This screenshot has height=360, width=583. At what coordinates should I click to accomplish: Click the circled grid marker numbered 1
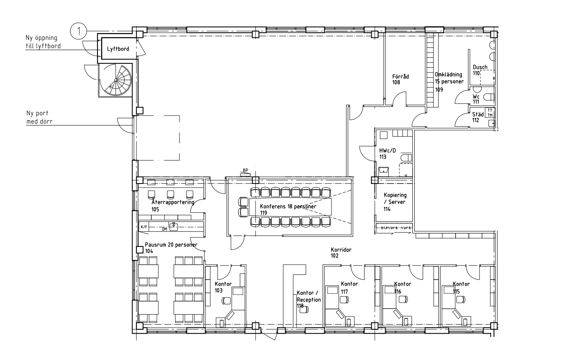(x=78, y=31)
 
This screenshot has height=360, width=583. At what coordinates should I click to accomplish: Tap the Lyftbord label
(x=118, y=49)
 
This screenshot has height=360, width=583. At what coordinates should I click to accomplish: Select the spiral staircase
(x=116, y=80)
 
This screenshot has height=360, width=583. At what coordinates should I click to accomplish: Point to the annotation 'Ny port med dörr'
(x=39, y=117)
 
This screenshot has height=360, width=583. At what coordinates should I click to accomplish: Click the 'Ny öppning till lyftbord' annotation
(x=43, y=42)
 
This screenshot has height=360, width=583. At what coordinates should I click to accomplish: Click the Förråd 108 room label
(x=400, y=80)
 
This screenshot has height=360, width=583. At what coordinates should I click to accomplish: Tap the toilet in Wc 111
(x=489, y=98)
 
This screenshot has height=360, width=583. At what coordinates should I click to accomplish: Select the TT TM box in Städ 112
(x=490, y=113)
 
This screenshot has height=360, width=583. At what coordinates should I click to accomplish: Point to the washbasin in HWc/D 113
(x=383, y=171)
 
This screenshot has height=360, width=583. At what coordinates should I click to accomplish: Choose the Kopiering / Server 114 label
(x=395, y=202)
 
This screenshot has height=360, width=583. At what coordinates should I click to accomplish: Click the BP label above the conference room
(x=245, y=170)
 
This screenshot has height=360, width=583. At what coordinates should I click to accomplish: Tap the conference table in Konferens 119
(x=290, y=207)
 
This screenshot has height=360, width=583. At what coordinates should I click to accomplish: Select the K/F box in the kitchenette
(x=144, y=227)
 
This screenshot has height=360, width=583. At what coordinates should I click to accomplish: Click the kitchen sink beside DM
(x=174, y=226)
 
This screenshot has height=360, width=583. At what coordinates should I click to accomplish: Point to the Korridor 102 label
(x=341, y=253)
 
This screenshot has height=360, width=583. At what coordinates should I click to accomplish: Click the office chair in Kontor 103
(x=226, y=301)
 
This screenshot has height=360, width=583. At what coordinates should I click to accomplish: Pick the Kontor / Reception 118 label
(x=309, y=299)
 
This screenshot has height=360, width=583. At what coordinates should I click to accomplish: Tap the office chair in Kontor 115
(x=461, y=299)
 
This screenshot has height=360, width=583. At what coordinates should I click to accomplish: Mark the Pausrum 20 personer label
(x=171, y=248)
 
